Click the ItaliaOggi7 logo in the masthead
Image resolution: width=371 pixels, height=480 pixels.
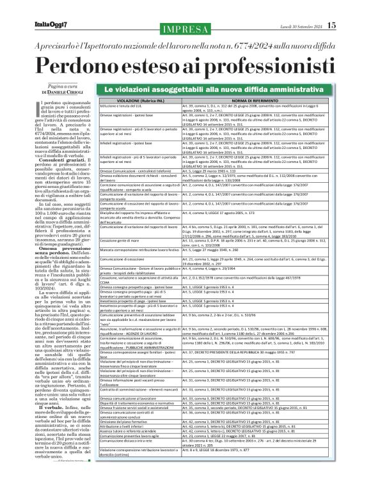[31, 8]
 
